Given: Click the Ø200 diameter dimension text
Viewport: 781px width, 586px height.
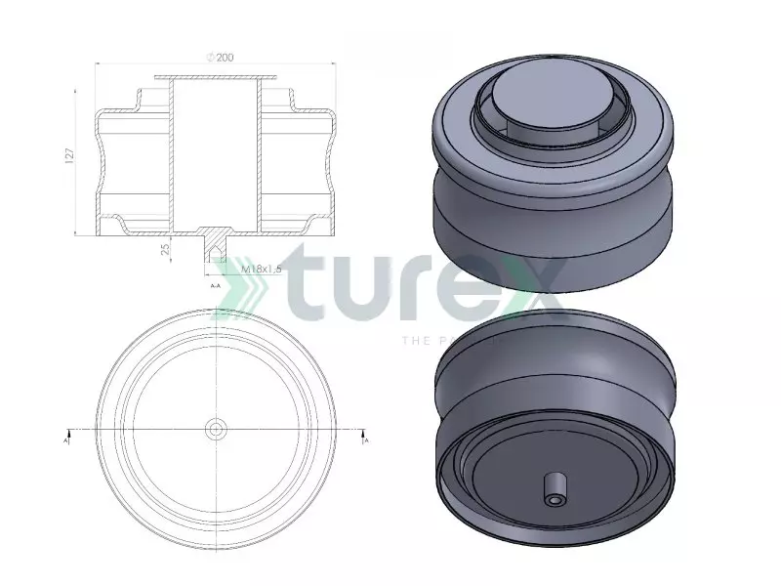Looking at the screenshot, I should pyautogui.click(x=220, y=58).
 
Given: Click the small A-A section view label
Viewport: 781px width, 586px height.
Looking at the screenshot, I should pyautogui.click(x=216, y=286).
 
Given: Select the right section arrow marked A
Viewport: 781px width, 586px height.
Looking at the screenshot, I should pyautogui.click(x=364, y=436).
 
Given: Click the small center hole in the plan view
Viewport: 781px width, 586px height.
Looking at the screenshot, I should pyautogui.click(x=216, y=429).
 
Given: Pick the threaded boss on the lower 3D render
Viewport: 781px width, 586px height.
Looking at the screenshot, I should pyautogui.click(x=555, y=489).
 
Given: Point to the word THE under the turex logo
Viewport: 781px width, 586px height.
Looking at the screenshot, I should pyautogui.click(x=415, y=341).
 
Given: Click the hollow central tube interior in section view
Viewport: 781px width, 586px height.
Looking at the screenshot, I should pyautogui.click(x=216, y=156).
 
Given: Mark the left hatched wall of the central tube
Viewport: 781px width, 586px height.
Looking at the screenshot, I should pyautogui.click(x=171, y=156).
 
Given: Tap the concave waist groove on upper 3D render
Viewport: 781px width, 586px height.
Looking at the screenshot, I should pyautogui.click(x=552, y=200).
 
